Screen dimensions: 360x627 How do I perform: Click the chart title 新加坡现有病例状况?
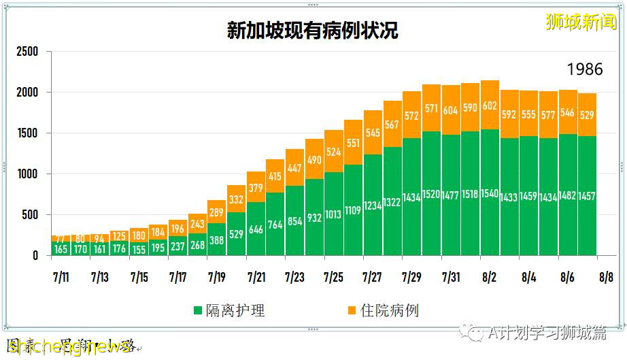[313, 31]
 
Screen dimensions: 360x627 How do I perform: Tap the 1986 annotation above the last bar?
[585, 69]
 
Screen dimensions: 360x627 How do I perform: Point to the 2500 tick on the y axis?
[28, 52]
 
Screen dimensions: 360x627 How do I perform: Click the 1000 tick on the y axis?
[28, 174]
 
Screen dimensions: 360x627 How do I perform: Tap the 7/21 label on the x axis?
[256, 278]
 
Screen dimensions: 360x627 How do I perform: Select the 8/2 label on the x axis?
[490, 278]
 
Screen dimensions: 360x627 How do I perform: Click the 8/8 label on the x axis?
[606, 278]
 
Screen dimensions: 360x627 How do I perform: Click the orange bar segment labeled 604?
[450, 110]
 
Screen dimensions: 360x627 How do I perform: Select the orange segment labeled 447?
[294, 167]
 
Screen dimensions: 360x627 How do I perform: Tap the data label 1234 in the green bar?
[373, 205]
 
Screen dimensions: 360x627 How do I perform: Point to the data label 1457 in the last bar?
[587, 196]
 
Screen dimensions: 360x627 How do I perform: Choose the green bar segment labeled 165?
[61, 248]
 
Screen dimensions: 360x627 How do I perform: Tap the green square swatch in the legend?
[198, 311]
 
